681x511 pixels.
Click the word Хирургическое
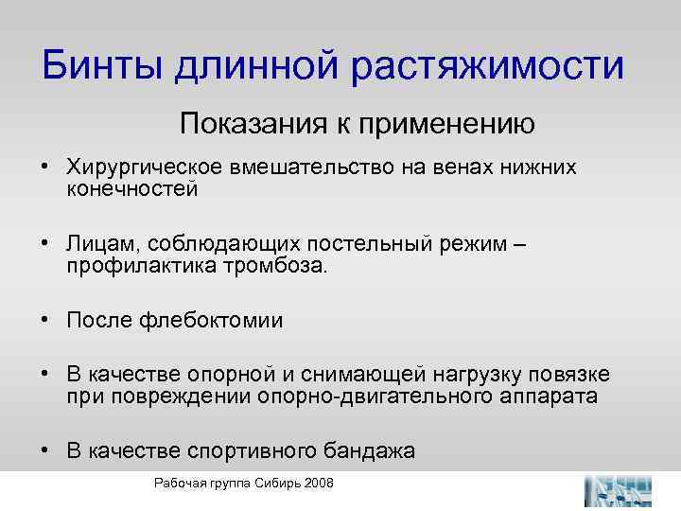coord(145,167)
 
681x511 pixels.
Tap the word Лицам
coord(94,245)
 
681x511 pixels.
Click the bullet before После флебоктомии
coord(46,321)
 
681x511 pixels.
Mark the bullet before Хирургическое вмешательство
coord(46,167)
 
